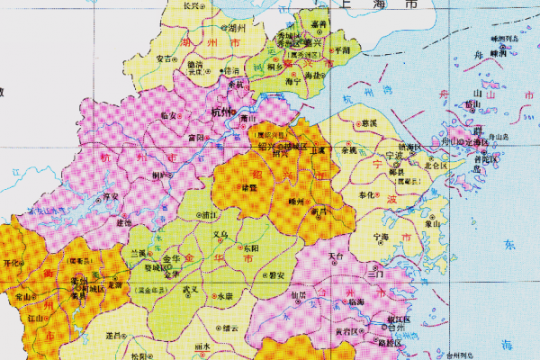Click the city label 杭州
[220, 112]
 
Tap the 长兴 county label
[191, 5]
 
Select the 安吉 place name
[165, 59]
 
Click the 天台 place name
[337, 256]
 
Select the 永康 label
[224, 295]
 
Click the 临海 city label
[355, 301]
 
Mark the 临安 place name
[167, 116]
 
